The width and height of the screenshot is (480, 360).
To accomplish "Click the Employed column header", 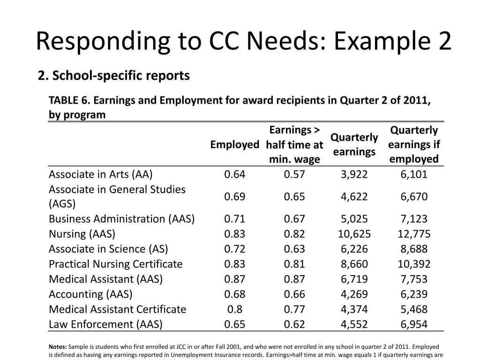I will [234, 144].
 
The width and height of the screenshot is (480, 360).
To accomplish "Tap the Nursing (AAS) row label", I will [82, 234].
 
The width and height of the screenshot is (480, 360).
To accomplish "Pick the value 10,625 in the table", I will [354, 234].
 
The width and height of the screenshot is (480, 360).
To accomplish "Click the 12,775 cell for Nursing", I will [414, 234].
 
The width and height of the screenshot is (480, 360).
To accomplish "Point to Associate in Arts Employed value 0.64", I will [234, 174].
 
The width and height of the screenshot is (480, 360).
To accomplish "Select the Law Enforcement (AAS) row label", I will [105, 324].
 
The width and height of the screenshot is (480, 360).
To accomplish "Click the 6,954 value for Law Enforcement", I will [414, 324].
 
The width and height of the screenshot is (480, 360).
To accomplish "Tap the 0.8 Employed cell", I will [234, 309].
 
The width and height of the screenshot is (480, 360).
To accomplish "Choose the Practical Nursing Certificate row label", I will [115, 264].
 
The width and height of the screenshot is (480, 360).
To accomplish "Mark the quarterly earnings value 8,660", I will [354, 264].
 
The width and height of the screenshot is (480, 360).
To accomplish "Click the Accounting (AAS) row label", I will [90, 294].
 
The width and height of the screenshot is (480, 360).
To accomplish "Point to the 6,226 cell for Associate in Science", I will [354, 249].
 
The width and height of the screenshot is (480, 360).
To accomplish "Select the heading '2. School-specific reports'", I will [114, 75].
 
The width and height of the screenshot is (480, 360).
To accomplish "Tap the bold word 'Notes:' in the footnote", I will [58, 347].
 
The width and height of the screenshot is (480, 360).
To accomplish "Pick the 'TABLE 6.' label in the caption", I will [69, 101].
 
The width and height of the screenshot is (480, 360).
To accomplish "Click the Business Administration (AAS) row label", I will [121, 219].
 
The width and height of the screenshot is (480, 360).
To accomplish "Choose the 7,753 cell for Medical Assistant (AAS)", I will [414, 279].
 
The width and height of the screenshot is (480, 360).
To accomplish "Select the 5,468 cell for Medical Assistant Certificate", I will [414, 309].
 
